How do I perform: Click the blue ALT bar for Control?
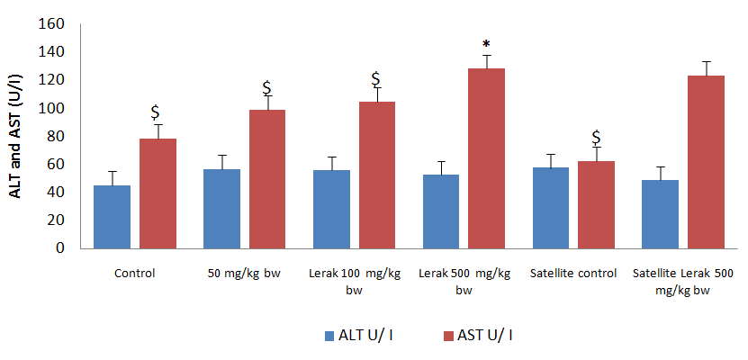point(113,216)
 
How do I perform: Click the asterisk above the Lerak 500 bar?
point(486,45)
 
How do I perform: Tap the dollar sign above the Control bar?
point(156,112)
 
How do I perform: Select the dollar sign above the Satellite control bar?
point(596,138)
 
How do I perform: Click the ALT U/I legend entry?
point(359,336)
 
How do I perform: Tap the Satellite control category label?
point(574,273)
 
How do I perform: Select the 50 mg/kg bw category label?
point(245,273)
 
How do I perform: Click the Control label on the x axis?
point(135,273)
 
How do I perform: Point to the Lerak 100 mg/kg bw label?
point(355,279)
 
